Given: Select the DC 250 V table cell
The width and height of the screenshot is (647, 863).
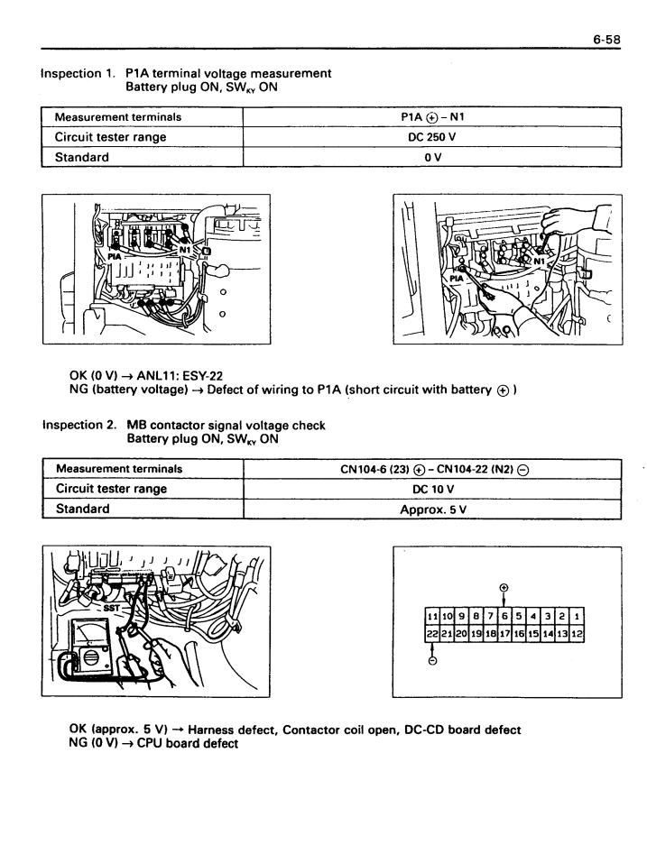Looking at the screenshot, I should coord(435,138).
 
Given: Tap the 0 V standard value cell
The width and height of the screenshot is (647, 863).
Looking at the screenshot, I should coord(435,157).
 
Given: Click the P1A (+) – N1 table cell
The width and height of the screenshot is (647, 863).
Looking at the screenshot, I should coord(435,118).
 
